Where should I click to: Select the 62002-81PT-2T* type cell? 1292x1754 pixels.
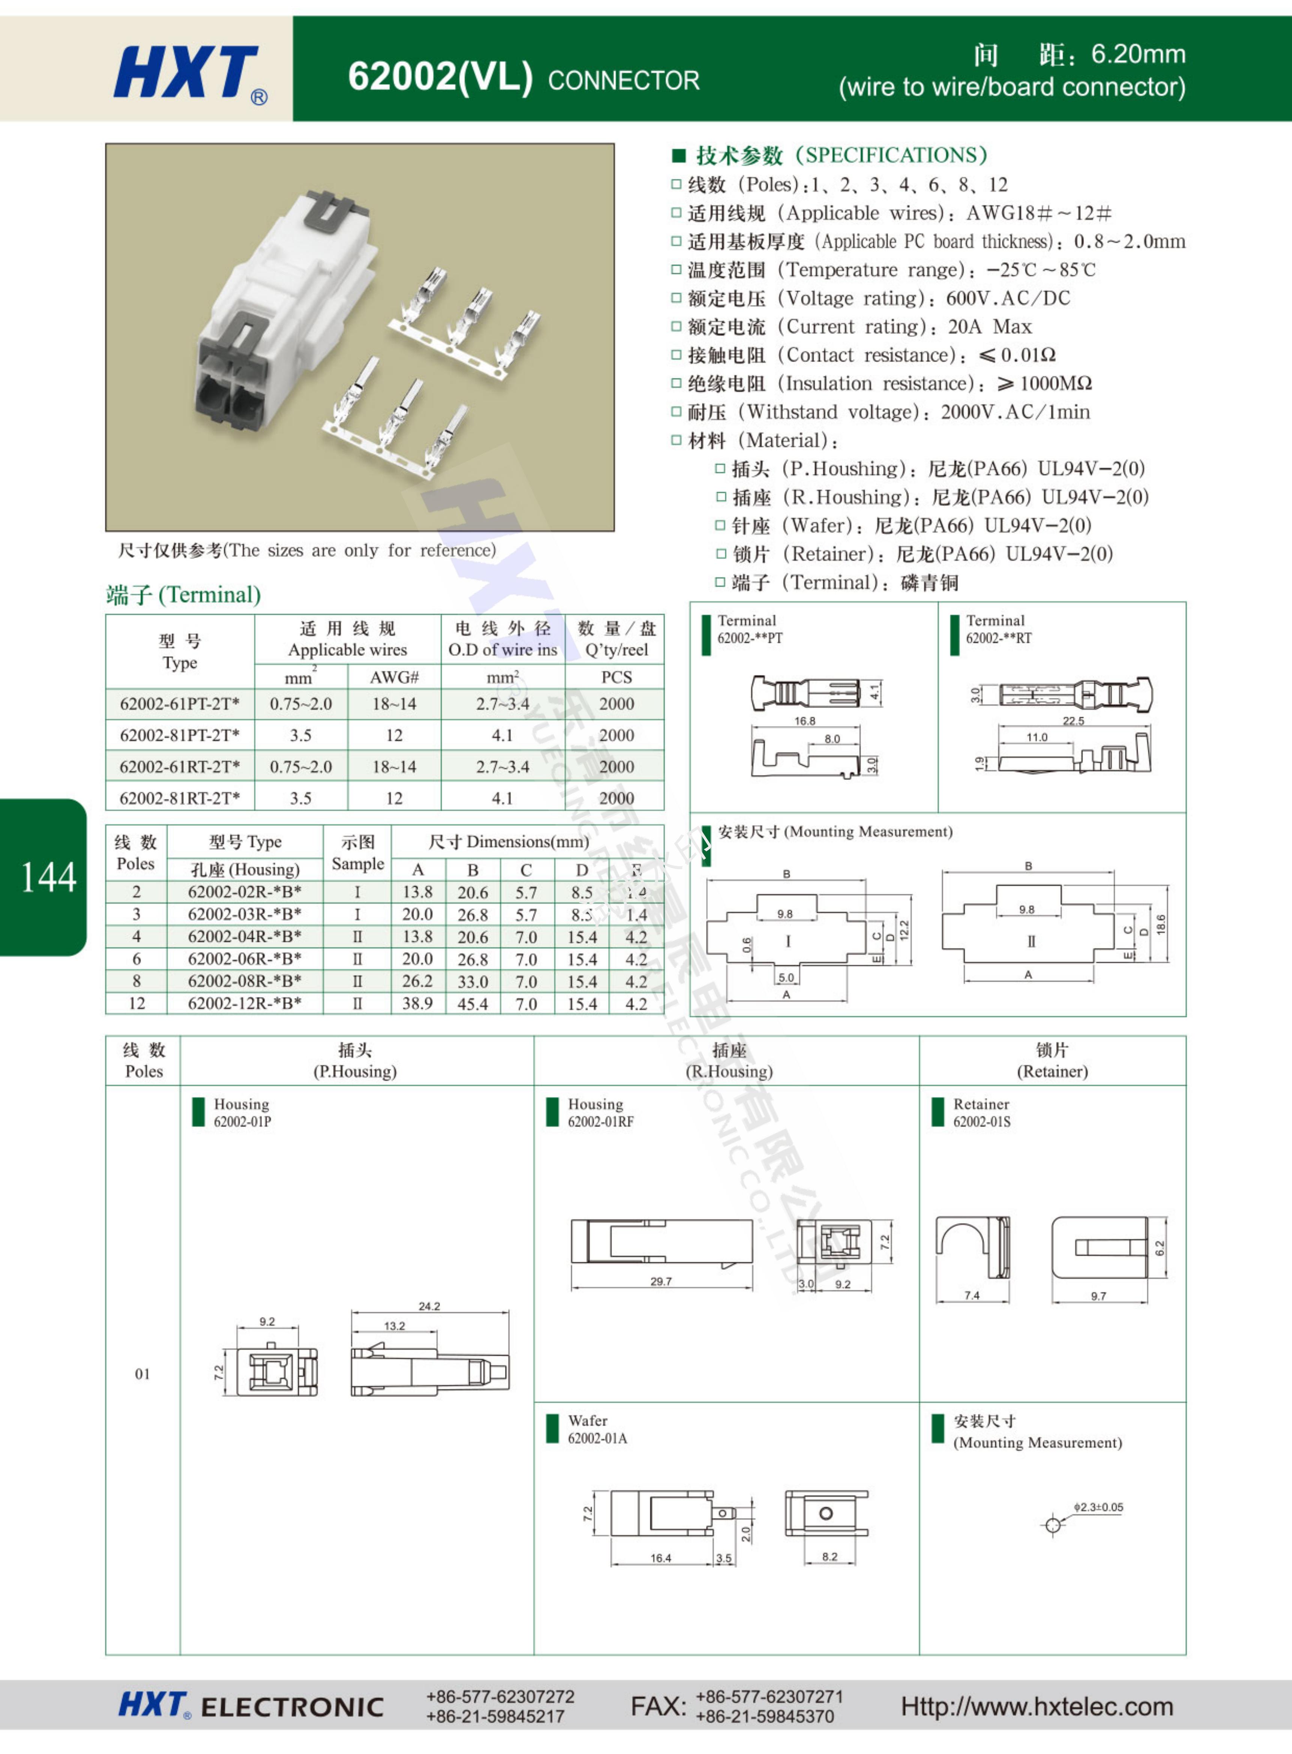coord(180,735)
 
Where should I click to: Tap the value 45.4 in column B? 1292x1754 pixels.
coord(472,1003)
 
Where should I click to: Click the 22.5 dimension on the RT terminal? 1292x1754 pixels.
coord(1073,721)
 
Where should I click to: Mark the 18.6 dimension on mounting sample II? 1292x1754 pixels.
coord(1161,924)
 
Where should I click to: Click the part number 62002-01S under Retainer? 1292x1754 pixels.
coord(981,1121)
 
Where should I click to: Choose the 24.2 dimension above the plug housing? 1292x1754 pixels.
coord(430,1306)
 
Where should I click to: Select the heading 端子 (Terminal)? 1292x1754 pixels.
coord(183,595)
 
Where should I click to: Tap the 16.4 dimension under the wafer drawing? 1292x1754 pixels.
coord(661,1558)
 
